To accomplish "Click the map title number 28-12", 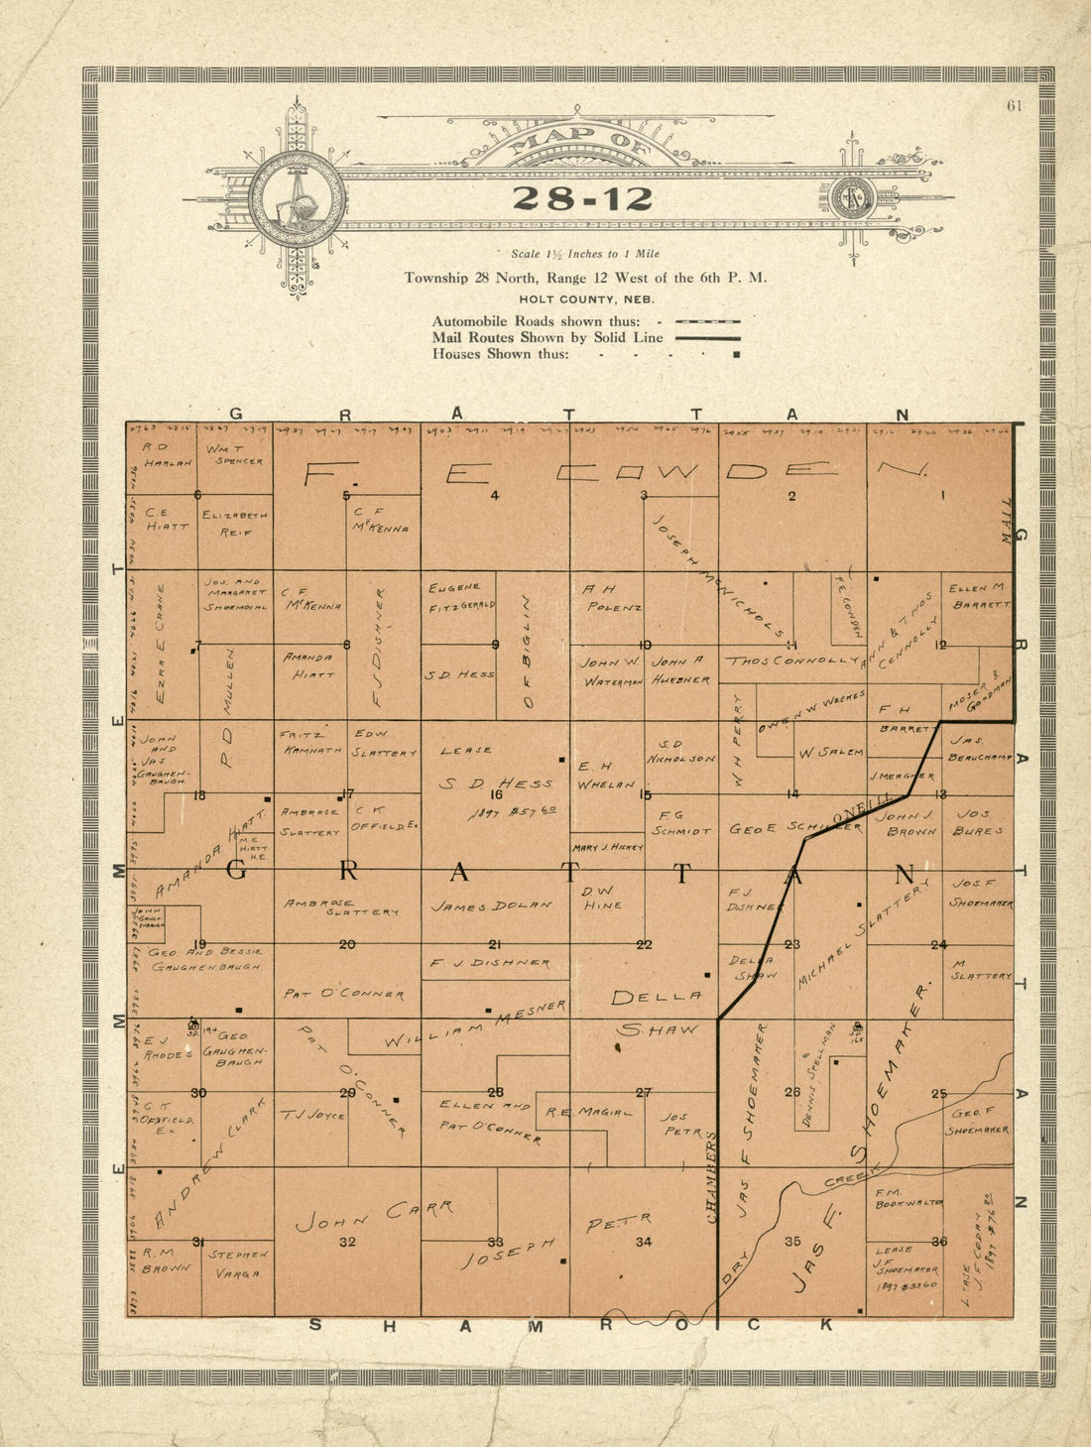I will coord(582,198).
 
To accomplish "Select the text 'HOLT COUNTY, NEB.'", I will coord(585,299).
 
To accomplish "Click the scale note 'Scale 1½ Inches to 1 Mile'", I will coord(584,254).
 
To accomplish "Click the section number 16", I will coord(496,794).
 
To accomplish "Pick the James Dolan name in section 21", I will coord(491,905).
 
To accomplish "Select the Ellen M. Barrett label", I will coord(979,595).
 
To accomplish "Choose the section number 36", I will coord(939,1241).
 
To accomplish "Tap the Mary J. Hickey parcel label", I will coord(607,848).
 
